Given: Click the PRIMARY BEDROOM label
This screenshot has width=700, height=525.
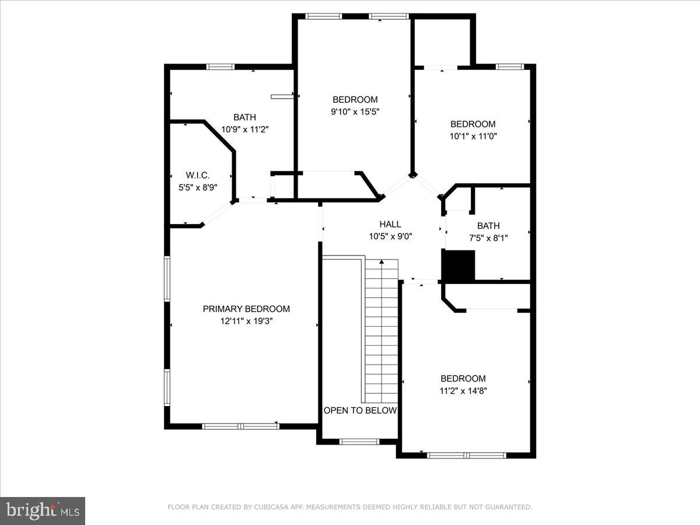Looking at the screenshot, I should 246,309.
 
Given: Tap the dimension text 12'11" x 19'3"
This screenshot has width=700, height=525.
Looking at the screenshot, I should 246,321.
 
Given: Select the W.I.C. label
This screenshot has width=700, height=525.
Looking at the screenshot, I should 197,175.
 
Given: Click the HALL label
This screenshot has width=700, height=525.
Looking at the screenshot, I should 390,224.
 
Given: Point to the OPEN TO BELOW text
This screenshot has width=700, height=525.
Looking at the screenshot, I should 360,410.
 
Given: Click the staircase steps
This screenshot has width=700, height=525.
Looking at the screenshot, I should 381,332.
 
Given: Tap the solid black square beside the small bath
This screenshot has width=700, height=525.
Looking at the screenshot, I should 459,265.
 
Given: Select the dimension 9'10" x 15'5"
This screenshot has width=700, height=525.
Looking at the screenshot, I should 355,111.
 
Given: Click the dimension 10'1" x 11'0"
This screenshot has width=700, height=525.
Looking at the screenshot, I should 473,136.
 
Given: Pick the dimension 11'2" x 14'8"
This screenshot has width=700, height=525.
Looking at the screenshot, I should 463,390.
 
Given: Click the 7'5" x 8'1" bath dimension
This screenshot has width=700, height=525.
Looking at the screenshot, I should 488,238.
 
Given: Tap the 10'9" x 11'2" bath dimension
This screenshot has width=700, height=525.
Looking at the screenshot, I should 244,129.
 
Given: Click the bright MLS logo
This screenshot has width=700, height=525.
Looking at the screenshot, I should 43,510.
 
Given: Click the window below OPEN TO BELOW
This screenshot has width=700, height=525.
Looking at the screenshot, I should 359,442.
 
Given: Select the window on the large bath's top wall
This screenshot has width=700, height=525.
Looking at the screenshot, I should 221,66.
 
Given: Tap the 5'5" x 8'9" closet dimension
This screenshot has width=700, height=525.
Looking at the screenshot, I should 197,187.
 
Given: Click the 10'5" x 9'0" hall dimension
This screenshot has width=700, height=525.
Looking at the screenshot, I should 390,236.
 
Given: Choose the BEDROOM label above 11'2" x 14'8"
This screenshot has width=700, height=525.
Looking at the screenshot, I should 463,378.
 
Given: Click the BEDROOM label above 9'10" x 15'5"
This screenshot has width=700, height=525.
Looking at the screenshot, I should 355,99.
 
